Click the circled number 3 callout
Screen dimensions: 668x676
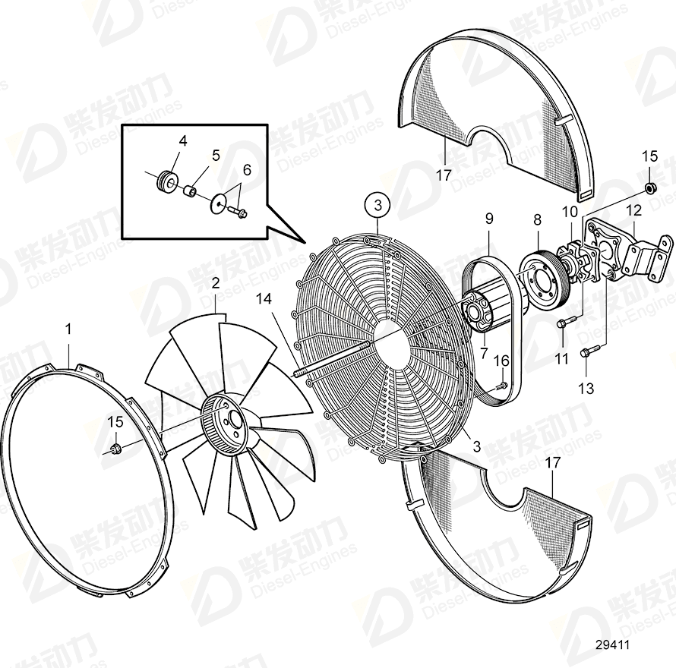377,205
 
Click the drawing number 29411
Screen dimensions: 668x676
612,645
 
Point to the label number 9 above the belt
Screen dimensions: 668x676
489,219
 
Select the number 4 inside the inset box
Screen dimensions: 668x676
183,140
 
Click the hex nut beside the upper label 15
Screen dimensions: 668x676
650,187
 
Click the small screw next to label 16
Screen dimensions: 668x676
501,386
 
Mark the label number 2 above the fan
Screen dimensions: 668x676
216,284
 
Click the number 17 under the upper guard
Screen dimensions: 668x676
444,175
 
